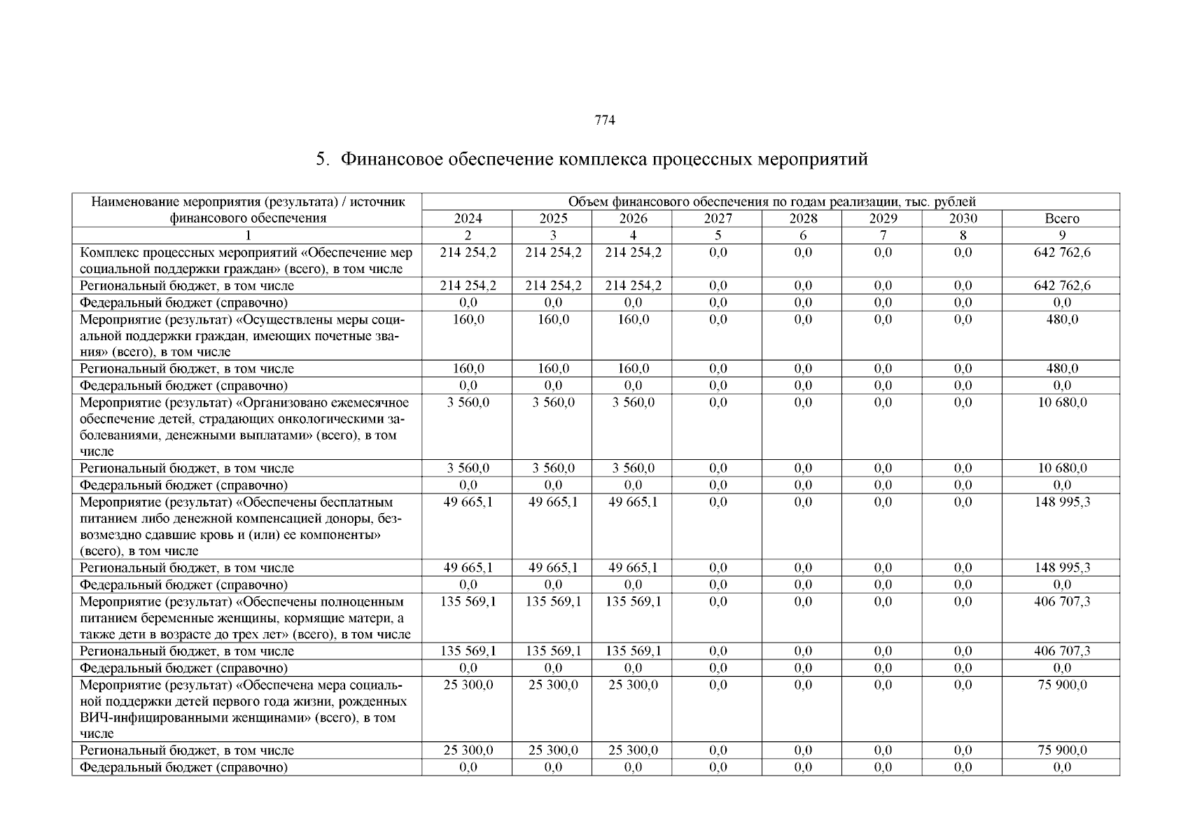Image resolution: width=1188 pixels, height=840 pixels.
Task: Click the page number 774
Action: point(604,120)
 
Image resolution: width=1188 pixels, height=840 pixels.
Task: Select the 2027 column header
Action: point(718,218)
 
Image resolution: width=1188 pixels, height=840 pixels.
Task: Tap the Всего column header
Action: point(1061,218)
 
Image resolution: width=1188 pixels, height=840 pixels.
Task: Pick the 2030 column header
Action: point(963,218)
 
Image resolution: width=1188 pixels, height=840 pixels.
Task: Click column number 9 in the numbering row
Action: point(1062,235)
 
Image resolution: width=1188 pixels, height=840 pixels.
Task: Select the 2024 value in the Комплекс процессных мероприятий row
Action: point(468,253)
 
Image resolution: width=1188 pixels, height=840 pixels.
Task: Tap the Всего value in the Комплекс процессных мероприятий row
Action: point(1061,253)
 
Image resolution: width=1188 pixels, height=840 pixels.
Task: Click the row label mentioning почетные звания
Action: point(242,336)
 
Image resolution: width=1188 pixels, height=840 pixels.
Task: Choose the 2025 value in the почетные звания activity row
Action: point(552,320)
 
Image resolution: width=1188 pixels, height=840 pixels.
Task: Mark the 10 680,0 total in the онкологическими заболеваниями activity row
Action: point(1061,402)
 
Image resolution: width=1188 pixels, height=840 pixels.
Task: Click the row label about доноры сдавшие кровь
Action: point(242,526)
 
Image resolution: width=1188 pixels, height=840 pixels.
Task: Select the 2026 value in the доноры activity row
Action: point(633,502)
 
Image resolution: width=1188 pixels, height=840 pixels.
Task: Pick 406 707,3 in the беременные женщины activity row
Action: point(1061,601)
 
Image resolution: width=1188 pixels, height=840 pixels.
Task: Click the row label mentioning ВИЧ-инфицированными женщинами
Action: point(242,709)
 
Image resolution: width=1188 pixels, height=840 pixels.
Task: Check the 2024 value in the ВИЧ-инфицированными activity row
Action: point(468,685)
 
